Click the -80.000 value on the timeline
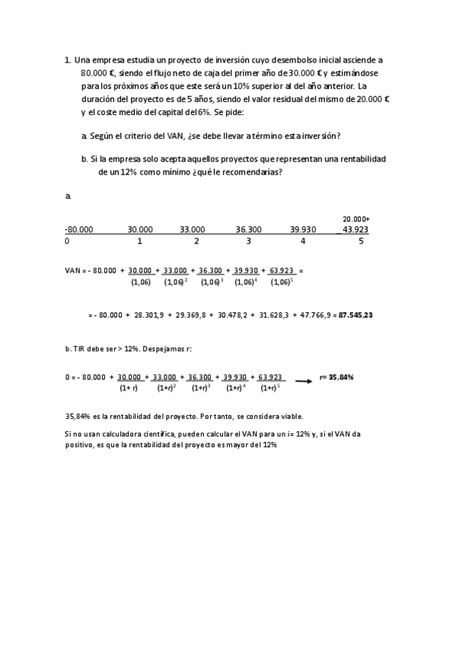click(79, 229)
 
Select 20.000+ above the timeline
click(356, 219)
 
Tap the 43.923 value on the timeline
click(356, 229)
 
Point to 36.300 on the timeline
click(249, 229)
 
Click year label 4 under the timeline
click(303, 241)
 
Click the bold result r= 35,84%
click(336, 376)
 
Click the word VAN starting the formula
click(73, 270)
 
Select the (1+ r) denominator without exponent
click(129, 388)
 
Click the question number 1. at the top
click(69, 59)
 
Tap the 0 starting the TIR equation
click(68, 376)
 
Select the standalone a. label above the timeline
click(69, 196)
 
